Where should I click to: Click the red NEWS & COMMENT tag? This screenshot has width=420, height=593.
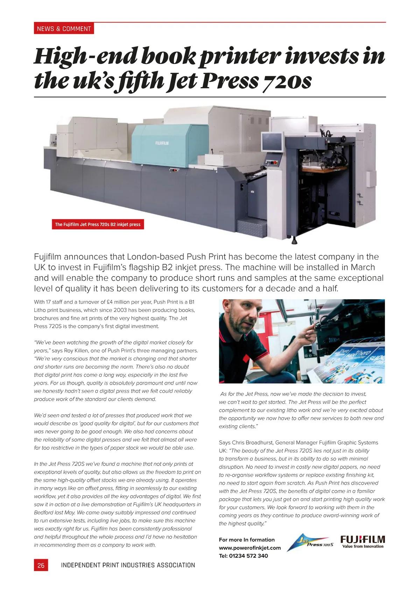coord(64,29)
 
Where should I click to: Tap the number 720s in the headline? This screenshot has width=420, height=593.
coord(287,81)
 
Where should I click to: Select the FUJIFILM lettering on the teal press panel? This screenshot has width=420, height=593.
coord(162,143)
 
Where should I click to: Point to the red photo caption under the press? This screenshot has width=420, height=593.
coord(98,224)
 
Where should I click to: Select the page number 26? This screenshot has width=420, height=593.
coord(41,565)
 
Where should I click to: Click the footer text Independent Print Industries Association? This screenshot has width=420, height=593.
coord(128,565)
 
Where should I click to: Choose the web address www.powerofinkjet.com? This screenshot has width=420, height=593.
coord(250,548)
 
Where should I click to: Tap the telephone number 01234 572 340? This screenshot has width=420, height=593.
coord(248,556)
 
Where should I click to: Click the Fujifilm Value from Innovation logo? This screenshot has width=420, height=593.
coord(363,542)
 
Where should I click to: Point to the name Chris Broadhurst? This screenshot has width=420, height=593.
coord(252,443)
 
